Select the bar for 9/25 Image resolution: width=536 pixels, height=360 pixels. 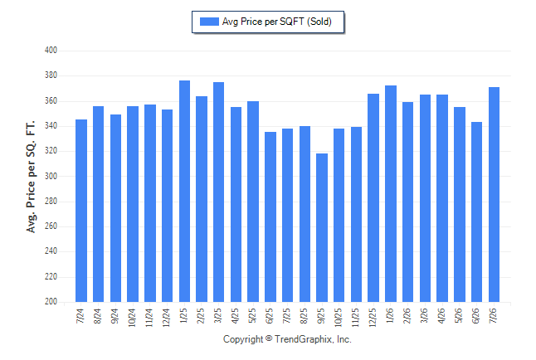(x=322, y=227)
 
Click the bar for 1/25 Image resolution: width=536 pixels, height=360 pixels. (x=184, y=191)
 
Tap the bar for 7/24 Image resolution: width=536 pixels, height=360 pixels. (x=81, y=211)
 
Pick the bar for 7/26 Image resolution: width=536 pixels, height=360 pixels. (x=494, y=195)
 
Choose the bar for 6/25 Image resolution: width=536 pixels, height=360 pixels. (x=270, y=216)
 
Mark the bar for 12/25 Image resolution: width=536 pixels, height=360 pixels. (x=373, y=198)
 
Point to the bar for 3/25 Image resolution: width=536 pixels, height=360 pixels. (x=218, y=192)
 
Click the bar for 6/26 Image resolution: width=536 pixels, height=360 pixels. (x=476, y=212)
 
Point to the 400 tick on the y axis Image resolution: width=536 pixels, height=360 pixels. (x=51, y=51)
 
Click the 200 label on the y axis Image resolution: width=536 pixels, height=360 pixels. (x=51, y=302)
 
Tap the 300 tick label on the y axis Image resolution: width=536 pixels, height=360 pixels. (x=51, y=176)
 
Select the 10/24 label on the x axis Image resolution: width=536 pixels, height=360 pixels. (x=132, y=318)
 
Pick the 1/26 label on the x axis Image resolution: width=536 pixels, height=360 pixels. (x=390, y=315)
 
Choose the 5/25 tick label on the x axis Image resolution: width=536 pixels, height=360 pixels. (x=252, y=315)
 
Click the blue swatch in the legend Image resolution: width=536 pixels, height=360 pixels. (x=209, y=22)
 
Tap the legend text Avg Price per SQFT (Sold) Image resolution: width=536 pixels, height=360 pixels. (x=277, y=22)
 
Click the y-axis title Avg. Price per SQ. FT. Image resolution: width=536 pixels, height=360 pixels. (x=31, y=177)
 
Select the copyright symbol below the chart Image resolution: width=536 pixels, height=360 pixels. (x=269, y=338)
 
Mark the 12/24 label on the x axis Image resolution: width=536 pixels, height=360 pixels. (x=167, y=318)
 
